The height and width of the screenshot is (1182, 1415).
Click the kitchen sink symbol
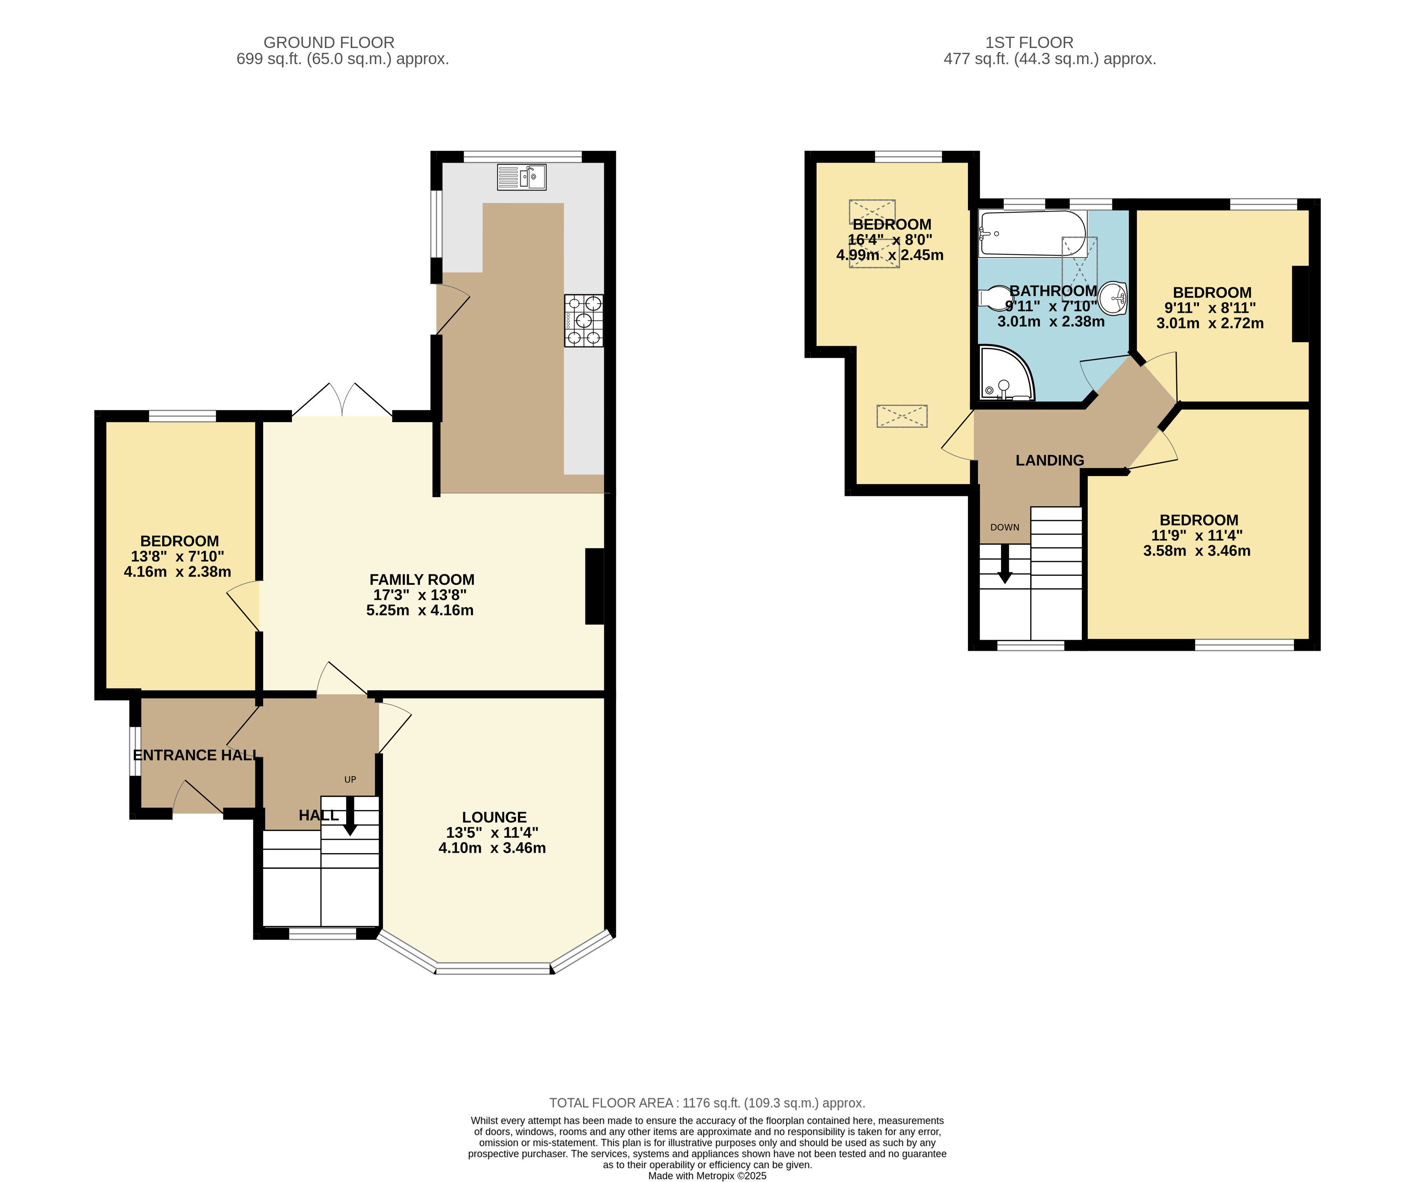[x=522, y=177]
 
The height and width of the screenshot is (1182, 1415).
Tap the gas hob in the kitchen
[x=583, y=321]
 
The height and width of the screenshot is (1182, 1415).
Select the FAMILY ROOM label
[x=422, y=579]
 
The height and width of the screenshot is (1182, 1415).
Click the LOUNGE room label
[x=494, y=817]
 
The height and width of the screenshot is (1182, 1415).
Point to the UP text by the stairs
[x=350, y=780]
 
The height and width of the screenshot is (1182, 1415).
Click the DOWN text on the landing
[x=1005, y=527]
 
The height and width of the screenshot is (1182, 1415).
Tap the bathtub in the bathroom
[x=1032, y=234]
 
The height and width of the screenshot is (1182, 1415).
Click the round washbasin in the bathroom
[x=1113, y=298]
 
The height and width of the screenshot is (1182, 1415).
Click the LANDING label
[x=1050, y=460]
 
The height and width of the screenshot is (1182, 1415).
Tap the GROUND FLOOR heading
[x=329, y=42]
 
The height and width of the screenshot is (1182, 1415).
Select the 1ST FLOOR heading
[x=1029, y=42]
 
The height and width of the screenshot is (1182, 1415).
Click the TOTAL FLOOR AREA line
[x=707, y=1103]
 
